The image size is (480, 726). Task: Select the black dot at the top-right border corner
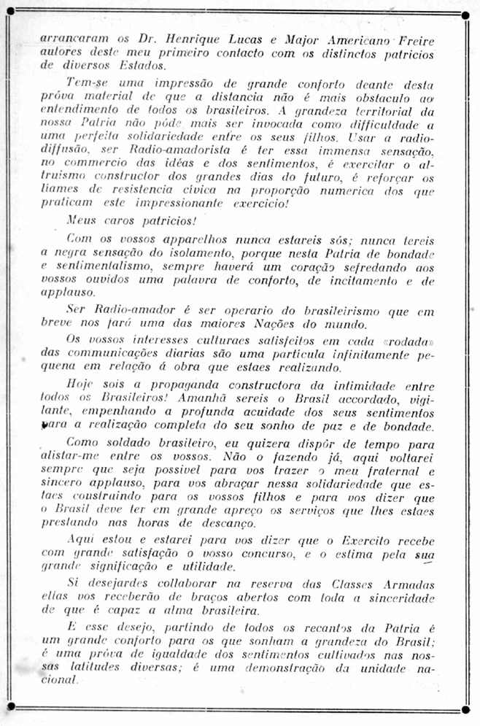coord(465,15)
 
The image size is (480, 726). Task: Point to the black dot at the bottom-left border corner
coord(11,706)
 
